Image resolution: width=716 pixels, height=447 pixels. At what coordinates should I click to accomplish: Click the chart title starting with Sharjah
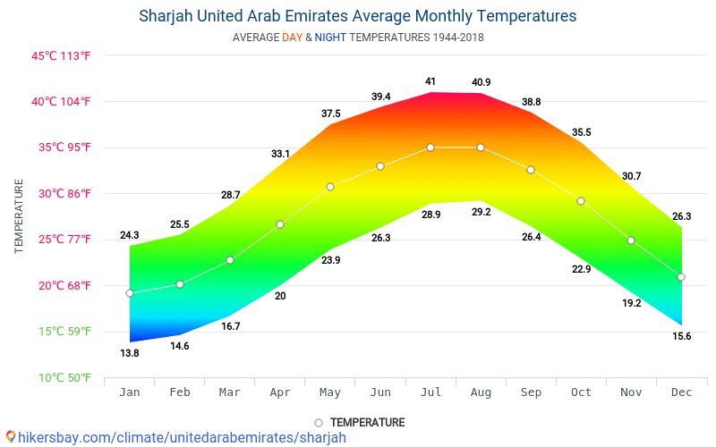point(357,16)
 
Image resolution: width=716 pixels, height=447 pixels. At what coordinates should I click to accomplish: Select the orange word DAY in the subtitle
point(293,38)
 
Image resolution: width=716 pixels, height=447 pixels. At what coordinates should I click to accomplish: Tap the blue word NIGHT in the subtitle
point(330,38)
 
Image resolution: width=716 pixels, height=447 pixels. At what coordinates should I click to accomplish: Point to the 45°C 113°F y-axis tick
point(62,55)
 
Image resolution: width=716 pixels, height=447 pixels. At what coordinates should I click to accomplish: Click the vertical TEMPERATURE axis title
point(19,215)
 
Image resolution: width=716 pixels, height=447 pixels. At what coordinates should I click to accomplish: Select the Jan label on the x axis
point(130,392)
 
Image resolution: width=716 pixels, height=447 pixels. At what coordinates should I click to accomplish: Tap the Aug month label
point(481,392)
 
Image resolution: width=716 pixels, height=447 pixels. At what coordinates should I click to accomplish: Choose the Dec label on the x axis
point(681,392)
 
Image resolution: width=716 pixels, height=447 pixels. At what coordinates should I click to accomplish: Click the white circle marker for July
point(430,148)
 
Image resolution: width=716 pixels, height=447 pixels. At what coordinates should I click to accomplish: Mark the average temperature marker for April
point(280,224)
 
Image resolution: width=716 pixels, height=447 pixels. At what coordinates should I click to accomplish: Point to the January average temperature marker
point(130,293)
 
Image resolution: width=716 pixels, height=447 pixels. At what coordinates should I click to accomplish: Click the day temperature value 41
point(430,81)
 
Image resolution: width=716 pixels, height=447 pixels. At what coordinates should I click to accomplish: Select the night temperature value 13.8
point(130,353)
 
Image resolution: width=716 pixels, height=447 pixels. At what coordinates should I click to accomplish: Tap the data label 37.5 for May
point(330,114)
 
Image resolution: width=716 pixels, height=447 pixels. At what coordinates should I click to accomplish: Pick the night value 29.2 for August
point(481,213)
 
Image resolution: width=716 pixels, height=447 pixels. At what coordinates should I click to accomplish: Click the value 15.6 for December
point(681,336)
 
